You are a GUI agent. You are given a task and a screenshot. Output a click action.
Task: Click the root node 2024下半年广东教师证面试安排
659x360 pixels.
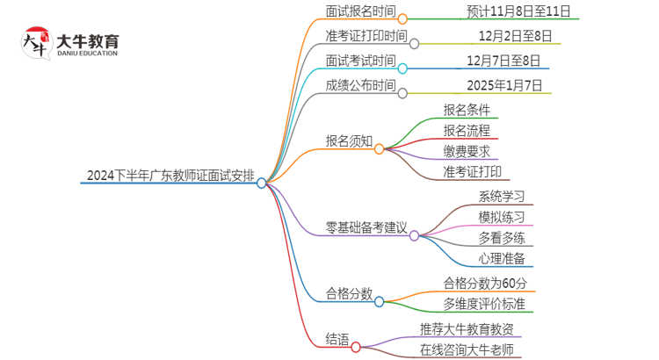(170, 175)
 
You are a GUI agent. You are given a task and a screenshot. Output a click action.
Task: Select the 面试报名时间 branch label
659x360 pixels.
(360, 11)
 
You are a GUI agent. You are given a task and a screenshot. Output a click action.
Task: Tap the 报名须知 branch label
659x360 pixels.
(349, 140)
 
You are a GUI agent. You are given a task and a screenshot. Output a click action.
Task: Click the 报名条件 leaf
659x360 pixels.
(467, 110)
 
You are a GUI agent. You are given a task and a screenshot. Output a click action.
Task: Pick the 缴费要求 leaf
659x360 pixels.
(467, 151)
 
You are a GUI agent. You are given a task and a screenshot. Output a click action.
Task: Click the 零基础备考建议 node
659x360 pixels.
(366, 227)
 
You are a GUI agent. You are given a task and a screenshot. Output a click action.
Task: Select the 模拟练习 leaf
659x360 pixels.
(502, 217)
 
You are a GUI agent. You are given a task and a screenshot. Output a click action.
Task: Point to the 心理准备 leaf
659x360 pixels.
(502, 258)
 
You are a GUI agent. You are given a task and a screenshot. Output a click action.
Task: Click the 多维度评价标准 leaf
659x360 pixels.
(489, 304)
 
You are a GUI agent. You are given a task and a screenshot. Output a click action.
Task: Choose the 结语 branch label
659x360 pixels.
(337, 338)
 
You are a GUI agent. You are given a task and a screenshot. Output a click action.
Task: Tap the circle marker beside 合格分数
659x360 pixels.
(380, 302)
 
